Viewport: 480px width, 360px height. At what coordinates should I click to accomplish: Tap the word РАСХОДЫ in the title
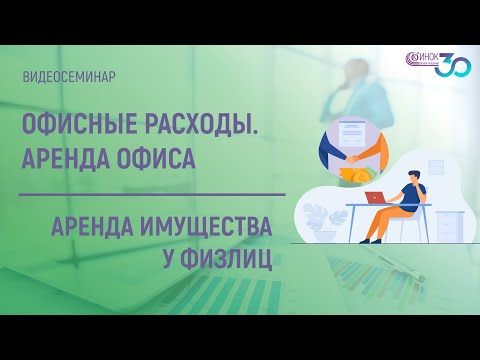tap(199, 126)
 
